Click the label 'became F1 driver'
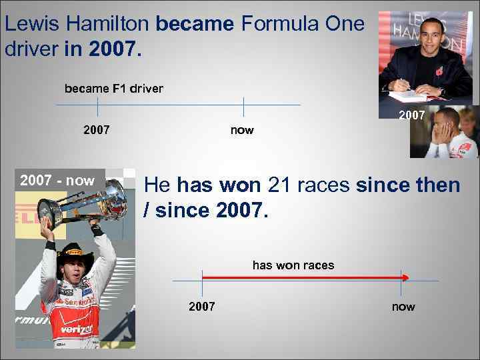coord(113,88)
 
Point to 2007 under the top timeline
coord(97,129)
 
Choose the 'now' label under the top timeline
coord(242,130)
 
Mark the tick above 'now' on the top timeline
coord(243,105)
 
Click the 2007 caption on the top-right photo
coord(411,115)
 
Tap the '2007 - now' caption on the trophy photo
coord(57,181)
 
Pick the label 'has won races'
coord(293,265)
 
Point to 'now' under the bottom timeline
coord(403,307)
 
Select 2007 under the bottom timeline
coord(202,307)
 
